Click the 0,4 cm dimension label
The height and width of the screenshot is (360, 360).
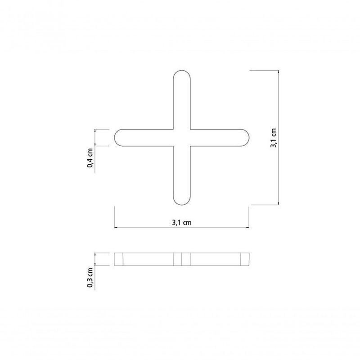(x=90, y=158)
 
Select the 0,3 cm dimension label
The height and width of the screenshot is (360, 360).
(x=90, y=278)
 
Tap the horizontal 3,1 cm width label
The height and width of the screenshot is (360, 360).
(x=182, y=222)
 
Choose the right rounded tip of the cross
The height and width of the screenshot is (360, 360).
(x=247, y=138)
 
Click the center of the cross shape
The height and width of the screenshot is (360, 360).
(x=182, y=138)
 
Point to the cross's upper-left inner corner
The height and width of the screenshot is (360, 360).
(x=173, y=130)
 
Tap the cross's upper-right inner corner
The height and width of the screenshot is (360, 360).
(x=190, y=130)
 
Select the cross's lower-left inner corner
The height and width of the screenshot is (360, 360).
(x=173, y=146)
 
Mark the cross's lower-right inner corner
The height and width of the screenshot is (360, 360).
(x=190, y=146)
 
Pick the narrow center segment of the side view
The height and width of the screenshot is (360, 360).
(x=182, y=259)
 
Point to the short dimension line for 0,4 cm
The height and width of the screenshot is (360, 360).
(x=95, y=138)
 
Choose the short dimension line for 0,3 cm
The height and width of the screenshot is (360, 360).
(x=95, y=259)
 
